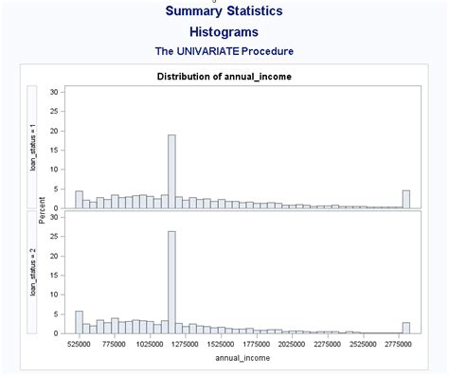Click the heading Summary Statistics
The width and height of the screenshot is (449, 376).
point(224,11)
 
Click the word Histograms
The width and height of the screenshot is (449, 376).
point(224,32)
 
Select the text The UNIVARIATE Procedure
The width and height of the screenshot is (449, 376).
point(224,51)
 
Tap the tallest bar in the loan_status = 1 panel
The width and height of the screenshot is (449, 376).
point(171,171)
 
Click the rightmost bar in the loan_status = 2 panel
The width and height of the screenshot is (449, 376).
point(405,328)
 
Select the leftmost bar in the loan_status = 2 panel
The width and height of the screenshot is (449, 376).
point(79,322)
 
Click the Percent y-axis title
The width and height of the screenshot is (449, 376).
point(43,210)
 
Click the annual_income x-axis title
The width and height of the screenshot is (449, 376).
point(242,358)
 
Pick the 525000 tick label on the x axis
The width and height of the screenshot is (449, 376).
point(79,345)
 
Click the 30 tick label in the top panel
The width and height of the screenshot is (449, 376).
point(55,92)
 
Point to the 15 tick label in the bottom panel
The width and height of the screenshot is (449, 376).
point(55,275)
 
